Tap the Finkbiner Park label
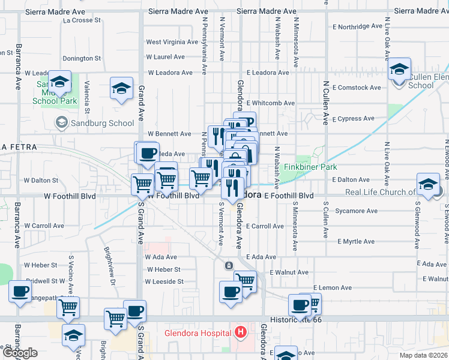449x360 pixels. (x=310, y=167)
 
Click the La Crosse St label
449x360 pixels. (x=82, y=20)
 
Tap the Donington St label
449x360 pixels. (x=82, y=58)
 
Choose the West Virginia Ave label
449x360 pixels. (x=172, y=42)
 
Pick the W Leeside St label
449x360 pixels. (x=164, y=281)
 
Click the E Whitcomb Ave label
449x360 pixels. (x=270, y=103)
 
